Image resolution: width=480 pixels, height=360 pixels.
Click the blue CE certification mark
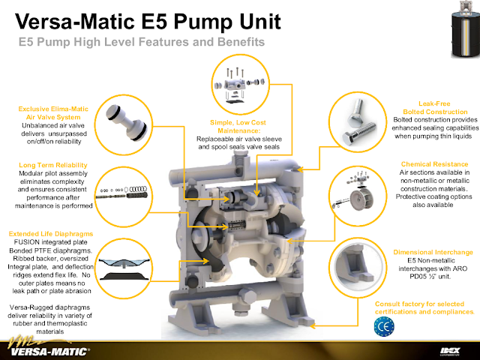384,326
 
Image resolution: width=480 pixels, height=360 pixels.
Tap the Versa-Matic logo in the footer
49,347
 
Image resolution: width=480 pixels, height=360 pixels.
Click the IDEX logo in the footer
450,351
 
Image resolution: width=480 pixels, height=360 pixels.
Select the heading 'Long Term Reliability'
53,165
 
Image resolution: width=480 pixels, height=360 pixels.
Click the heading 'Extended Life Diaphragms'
51,234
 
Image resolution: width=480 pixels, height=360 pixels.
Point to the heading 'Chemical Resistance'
434,164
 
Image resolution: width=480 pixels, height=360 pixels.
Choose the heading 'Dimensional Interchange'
433,252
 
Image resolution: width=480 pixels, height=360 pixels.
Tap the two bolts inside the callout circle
359,122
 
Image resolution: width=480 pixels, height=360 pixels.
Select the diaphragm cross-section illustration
124,269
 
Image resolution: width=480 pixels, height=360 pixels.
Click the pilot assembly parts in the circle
121,193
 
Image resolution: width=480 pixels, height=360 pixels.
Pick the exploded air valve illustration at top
240,84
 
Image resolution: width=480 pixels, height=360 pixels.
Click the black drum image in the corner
465,29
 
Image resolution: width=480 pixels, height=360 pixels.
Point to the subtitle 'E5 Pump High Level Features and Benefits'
142,42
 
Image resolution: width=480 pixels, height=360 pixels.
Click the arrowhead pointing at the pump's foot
313,326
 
